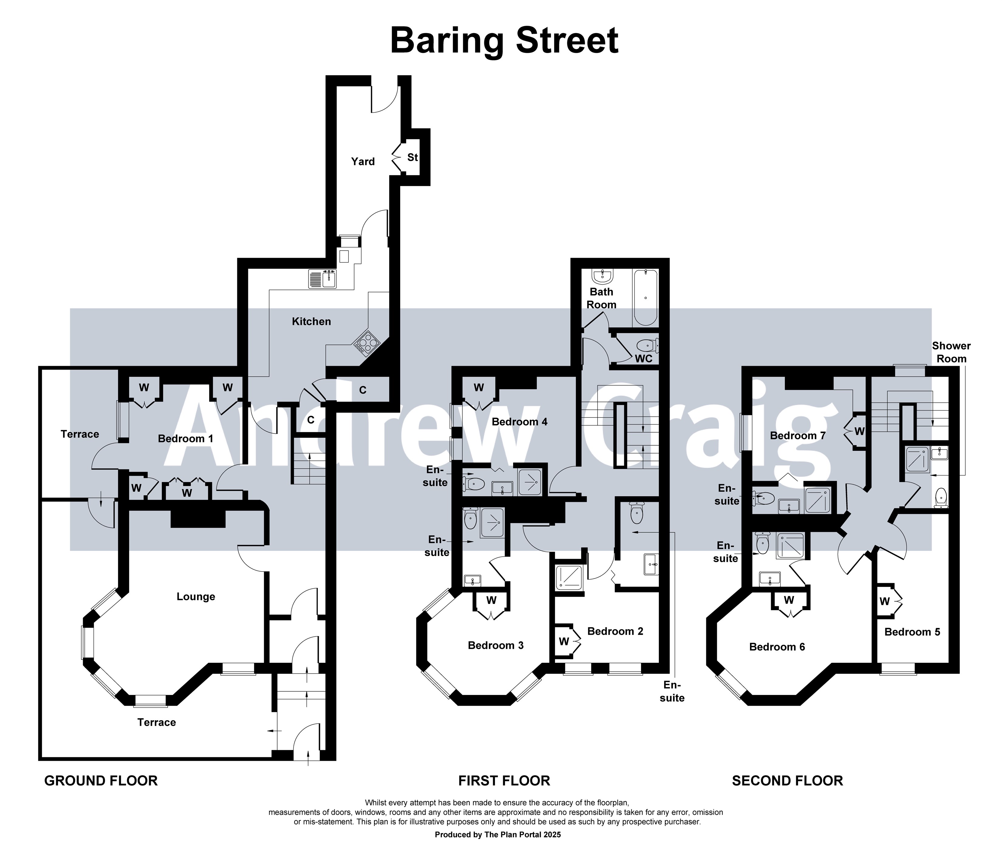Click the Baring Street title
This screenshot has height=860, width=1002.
pyautogui.click(x=504, y=41)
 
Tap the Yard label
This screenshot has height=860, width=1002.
pyautogui.click(x=363, y=161)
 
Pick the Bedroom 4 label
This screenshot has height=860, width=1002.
pyautogui.click(x=520, y=422)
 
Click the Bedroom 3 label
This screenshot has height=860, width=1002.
pyautogui.click(x=496, y=646)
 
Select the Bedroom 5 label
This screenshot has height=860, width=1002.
pyautogui.click(x=912, y=632)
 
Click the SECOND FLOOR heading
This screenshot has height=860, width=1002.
pyautogui.click(x=787, y=781)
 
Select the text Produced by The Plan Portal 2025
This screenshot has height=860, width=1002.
pyautogui.click(x=498, y=835)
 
